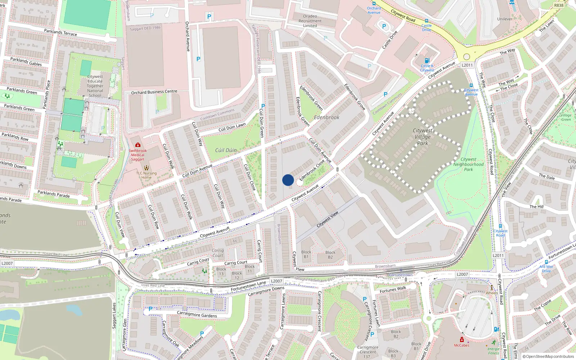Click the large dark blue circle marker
[288, 180]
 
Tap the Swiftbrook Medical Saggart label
[138, 155]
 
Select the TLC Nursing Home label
[147, 175]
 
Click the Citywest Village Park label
[423, 137]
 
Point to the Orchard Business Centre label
[154, 92]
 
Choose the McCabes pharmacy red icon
[462, 339]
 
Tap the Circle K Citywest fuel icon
[427, 60]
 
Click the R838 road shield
[559, 5]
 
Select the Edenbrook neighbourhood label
[327, 117]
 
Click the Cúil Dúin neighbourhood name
[226, 150]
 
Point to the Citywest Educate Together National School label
[95, 86]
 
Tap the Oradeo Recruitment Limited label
[310, 21]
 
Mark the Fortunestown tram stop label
[401, 275]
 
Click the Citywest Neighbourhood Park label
[468, 164]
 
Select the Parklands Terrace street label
[60, 32]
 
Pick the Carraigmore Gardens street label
[197, 314]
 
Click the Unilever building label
[505, 19]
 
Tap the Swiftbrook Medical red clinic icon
[138, 145]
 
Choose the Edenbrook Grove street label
[355, 97]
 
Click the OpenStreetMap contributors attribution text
[548, 356]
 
